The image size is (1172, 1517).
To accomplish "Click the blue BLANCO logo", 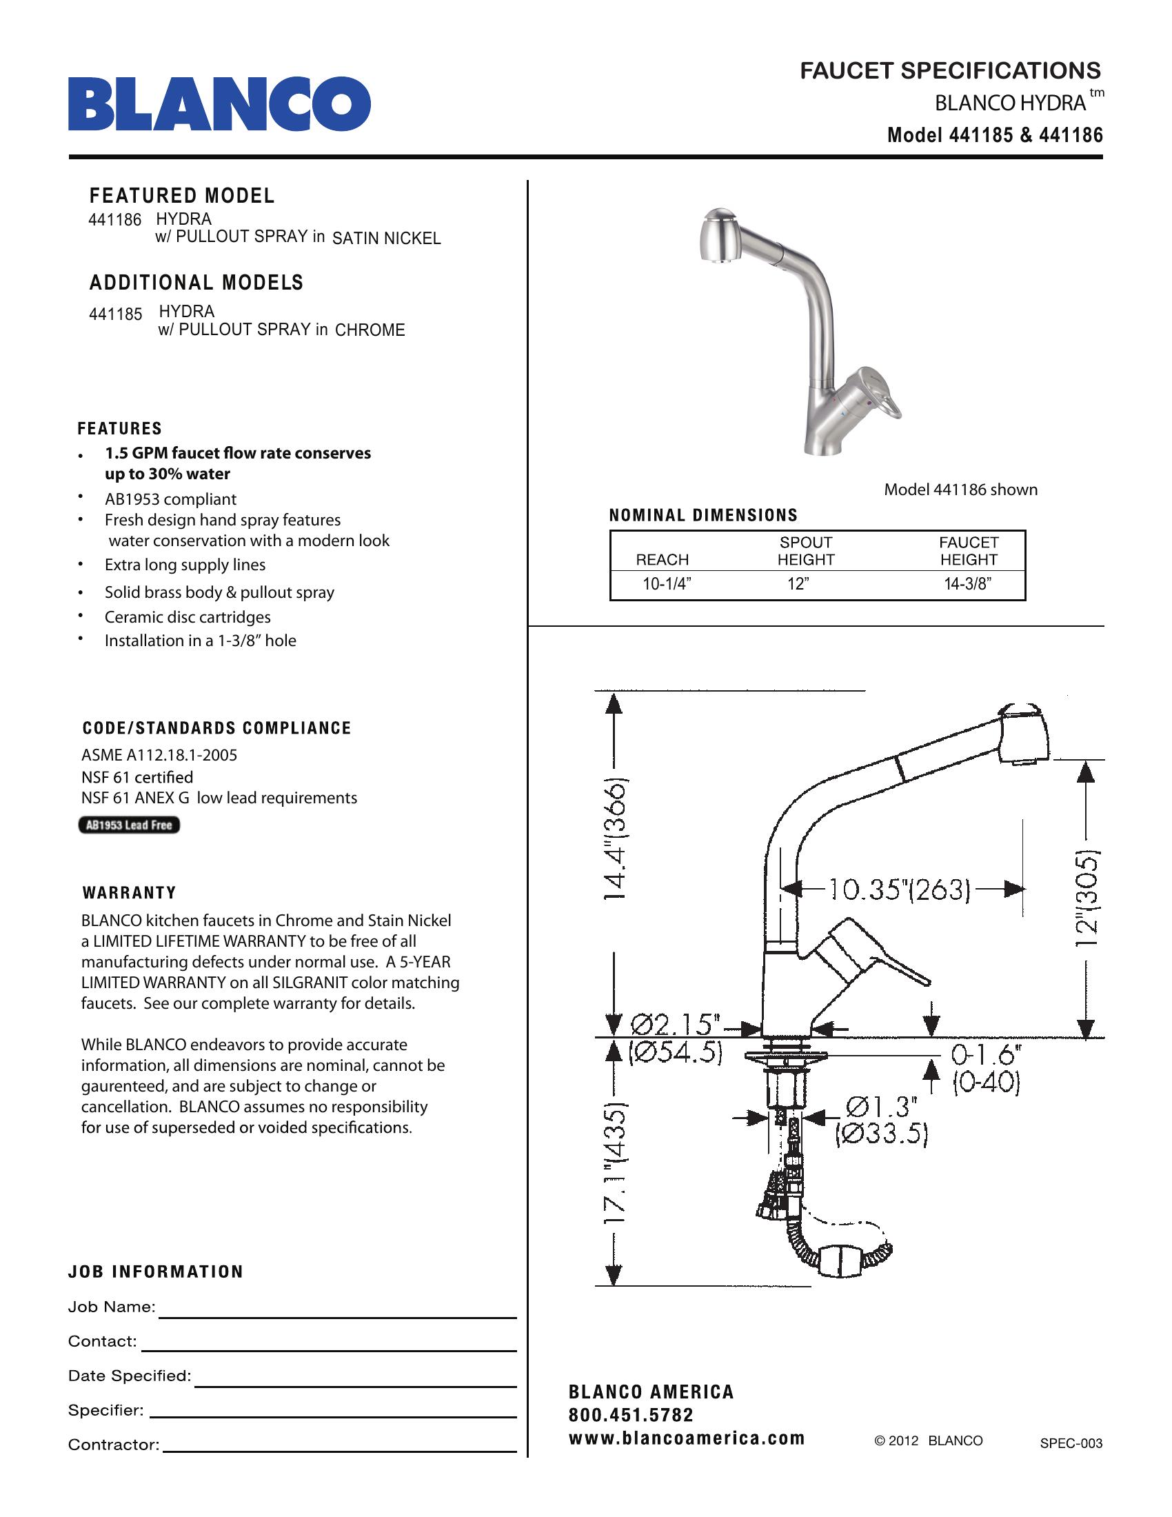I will coord(219,104).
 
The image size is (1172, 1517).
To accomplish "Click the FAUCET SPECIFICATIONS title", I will coord(950,71).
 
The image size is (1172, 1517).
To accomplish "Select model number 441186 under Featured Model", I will coord(114,220).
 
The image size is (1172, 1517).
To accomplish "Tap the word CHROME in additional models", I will coord(370,330).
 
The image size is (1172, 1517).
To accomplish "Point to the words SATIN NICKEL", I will coord(386,239).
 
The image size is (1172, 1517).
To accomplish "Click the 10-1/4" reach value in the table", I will coord(667,584).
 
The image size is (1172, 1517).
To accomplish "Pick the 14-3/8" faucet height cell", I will coord(967,584).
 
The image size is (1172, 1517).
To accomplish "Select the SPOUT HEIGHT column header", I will coord(805,551).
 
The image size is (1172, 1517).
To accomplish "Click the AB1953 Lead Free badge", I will coord(129,825).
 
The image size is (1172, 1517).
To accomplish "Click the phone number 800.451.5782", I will coord(630,1415).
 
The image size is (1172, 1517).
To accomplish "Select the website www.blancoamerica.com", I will coord(686,1438).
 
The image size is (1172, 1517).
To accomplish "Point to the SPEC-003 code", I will coord(1071,1443).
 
